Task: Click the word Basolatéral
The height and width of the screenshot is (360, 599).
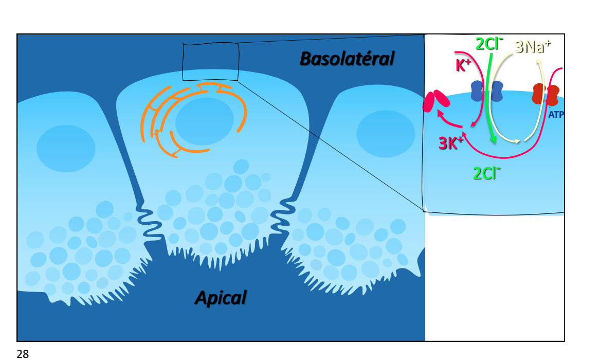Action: [x=347, y=59]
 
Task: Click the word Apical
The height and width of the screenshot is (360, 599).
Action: [x=221, y=297]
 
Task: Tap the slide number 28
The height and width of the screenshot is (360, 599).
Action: [x=23, y=353]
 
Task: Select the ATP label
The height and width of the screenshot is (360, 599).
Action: [x=556, y=115]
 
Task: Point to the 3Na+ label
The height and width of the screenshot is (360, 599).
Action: [x=533, y=47]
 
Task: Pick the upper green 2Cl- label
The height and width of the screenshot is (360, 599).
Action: [x=489, y=44]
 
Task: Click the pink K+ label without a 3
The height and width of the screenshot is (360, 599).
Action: [x=464, y=65]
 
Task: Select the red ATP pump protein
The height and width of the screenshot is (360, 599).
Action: [x=546, y=94]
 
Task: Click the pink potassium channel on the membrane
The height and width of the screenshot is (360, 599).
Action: [x=435, y=101]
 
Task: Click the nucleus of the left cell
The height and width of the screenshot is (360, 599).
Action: [x=66, y=148]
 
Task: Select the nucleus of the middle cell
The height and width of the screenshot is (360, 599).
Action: [x=204, y=121]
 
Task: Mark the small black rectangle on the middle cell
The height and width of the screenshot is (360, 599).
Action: [x=210, y=62]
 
